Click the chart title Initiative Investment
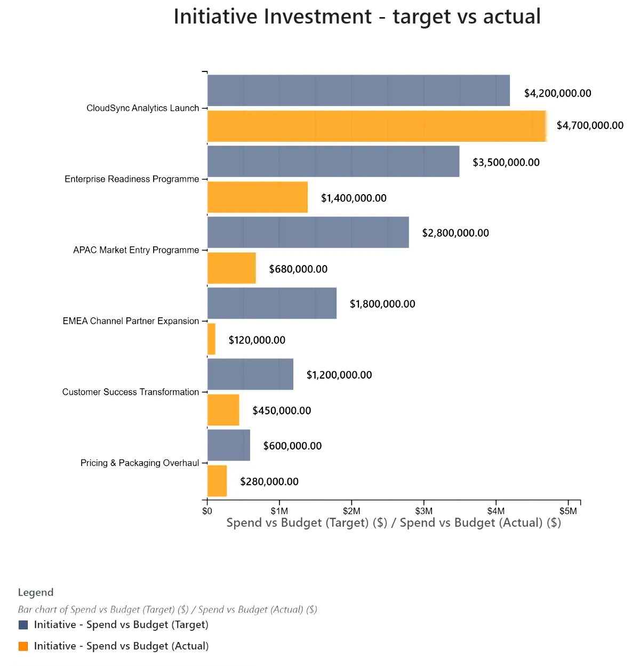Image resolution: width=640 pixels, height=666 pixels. coord(357,17)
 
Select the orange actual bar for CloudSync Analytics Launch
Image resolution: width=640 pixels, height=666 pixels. coord(377,126)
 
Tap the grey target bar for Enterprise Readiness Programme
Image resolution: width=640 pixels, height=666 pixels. coord(333,162)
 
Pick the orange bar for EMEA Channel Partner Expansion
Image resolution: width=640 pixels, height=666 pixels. coord(211,339)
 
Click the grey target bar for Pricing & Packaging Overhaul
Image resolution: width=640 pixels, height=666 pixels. coord(228,445)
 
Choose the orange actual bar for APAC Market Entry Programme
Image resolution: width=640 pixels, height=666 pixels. coord(231,268)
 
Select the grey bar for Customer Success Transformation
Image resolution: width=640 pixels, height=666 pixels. coord(250,374)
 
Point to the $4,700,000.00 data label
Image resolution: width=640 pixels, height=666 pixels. coord(590,125)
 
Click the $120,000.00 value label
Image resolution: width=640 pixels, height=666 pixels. coord(257,340)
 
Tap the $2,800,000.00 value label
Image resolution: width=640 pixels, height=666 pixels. coord(455,233)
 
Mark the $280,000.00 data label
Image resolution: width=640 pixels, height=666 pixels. coord(269,482)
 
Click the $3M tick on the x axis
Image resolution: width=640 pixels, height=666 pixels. coord(424,511)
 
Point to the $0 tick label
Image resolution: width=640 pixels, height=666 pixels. coord(207,511)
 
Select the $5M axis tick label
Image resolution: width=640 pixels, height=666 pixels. coord(569,511)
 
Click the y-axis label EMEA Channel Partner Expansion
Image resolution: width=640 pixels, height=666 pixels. coord(131,321)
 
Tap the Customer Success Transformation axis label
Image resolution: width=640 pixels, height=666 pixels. coord(130,392)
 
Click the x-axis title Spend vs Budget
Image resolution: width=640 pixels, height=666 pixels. coord(394,523)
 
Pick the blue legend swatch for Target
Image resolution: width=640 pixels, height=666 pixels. coord(23,625)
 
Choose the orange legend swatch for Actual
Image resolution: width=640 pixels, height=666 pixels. coord(23,646)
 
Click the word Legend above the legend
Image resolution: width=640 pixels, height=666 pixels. coord(36,592)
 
